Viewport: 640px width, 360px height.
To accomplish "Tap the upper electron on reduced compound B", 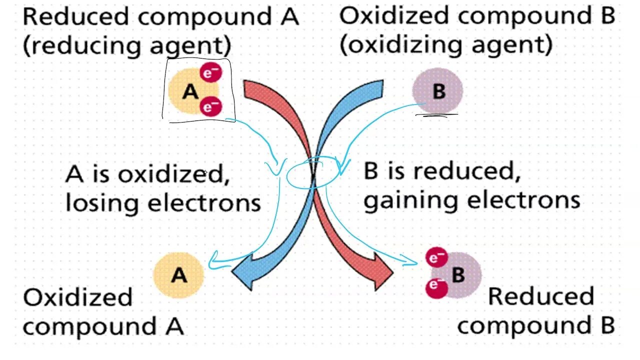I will [x=436, y=258].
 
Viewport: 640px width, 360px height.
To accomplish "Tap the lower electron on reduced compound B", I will [x=436, y=288].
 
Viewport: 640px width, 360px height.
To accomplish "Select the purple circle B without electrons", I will [x=437, y=91].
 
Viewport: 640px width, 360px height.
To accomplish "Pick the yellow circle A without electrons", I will [x=178, y=275].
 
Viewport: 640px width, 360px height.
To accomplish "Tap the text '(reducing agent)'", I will [x=127, y=45].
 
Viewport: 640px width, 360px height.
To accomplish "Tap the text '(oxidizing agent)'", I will [x=445, y=44].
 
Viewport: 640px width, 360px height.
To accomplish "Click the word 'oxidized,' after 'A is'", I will [x=172, y=174].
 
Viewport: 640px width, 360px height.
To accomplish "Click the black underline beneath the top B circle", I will [x=436, y=116].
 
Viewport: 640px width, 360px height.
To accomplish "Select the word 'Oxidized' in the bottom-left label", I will [x=77, y=297].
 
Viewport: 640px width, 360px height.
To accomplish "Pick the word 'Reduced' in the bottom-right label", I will [x=540, y=296].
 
